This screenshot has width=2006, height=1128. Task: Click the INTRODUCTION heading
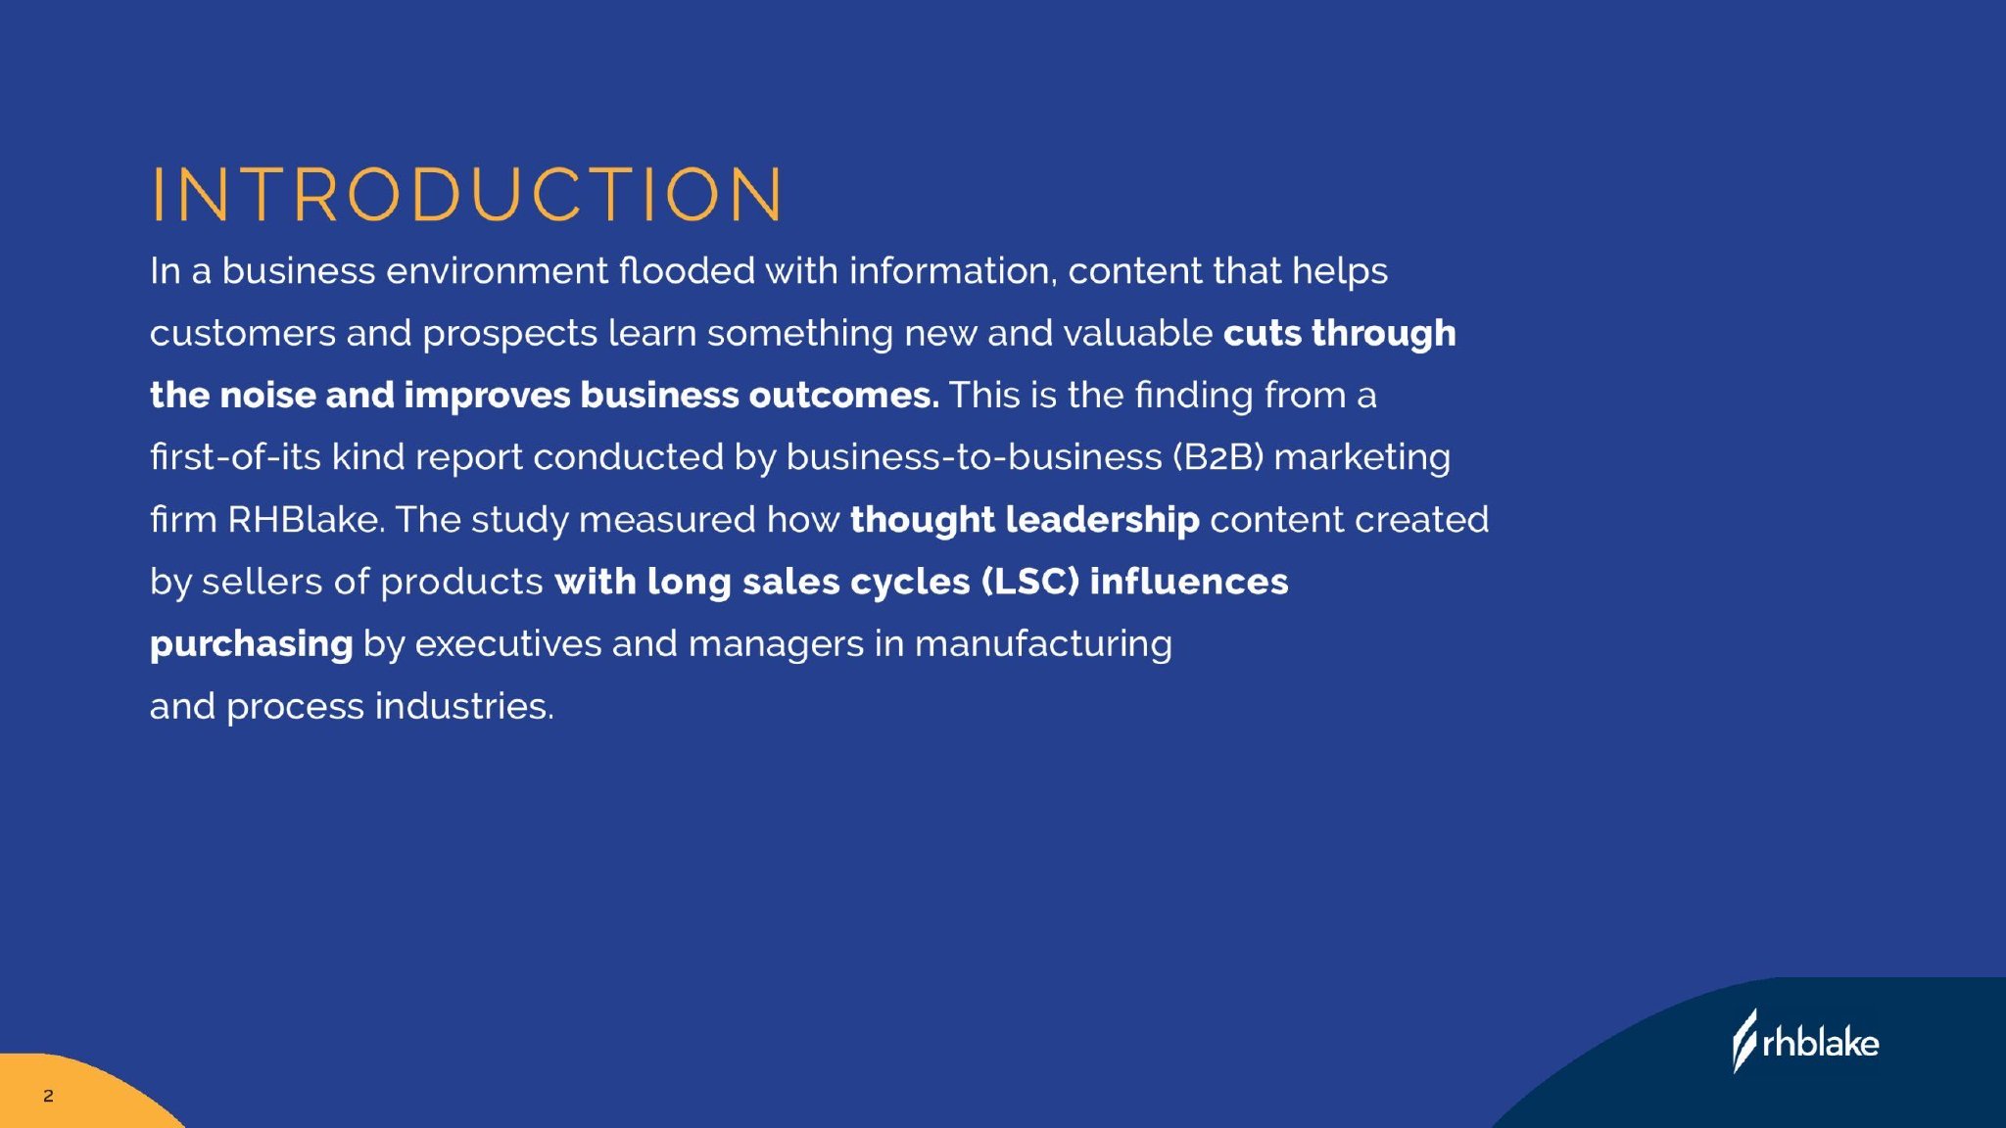click(x=467, y=193)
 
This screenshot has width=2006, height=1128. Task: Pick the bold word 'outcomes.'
click(x=843, y=396)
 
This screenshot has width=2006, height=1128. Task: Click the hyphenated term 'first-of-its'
click(x=235, y=457)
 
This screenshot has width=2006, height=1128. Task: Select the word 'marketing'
click(x=1362, y=458)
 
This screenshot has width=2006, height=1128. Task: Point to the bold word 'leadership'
click(x=1102, y=520)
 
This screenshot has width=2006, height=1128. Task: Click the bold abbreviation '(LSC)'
click(x=1029, y=582)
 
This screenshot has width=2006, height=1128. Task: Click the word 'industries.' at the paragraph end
click(x=464, y=706)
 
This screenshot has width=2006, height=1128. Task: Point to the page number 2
click(x=48, y=1096)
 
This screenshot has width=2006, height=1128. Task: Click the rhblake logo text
click(x=1820, y=1043)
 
